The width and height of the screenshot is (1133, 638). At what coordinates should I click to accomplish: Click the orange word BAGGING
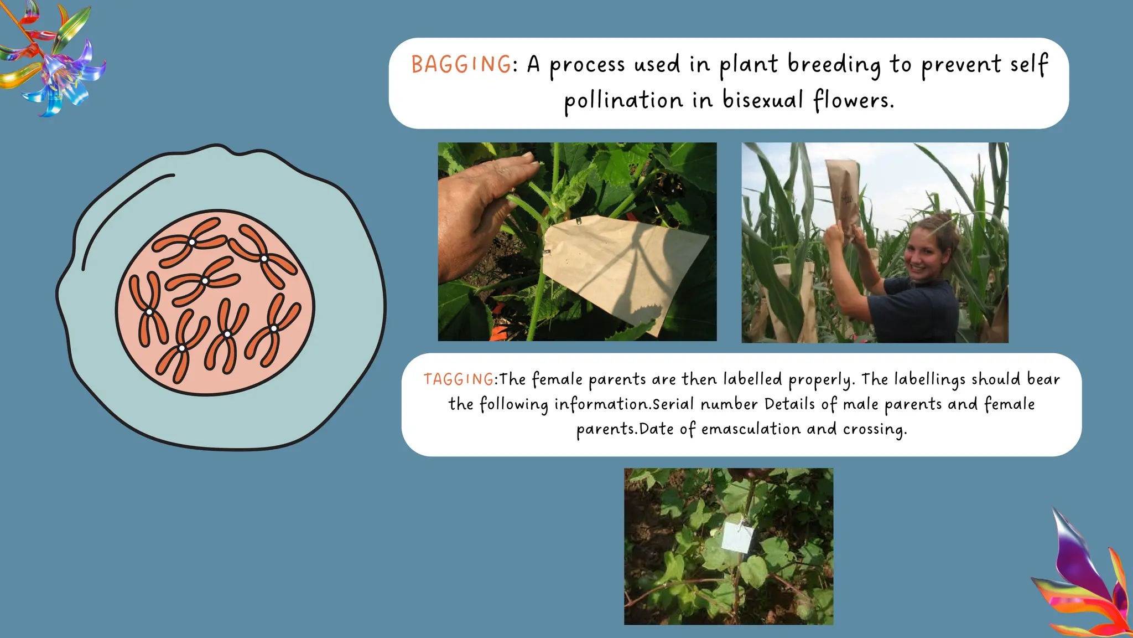461,64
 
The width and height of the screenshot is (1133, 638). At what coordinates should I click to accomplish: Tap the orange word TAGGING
459,379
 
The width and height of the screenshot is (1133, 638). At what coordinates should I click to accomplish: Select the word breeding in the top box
834,64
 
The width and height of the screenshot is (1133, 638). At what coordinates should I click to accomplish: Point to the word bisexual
762,100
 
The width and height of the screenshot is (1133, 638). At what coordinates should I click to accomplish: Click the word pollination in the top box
623,101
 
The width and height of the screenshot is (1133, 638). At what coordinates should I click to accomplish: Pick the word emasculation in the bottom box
751,429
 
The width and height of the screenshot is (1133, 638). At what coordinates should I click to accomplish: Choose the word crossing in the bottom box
875,429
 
